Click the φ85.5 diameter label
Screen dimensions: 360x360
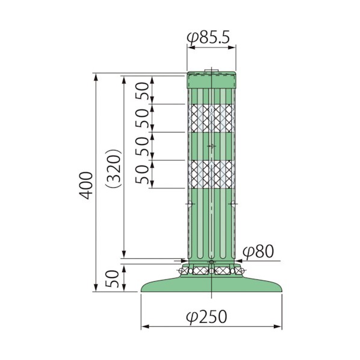[208, 37]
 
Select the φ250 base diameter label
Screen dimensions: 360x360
[206, 317]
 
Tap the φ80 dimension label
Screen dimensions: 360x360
[258, 252]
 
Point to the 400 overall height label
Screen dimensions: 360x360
[86, 185]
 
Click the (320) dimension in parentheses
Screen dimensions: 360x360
[113, 169]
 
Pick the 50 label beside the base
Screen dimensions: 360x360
[112, 279]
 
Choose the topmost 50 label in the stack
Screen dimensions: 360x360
[142, 90]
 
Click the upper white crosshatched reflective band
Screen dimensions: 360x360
[211, 118]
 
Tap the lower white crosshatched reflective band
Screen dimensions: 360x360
[211, 174]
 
